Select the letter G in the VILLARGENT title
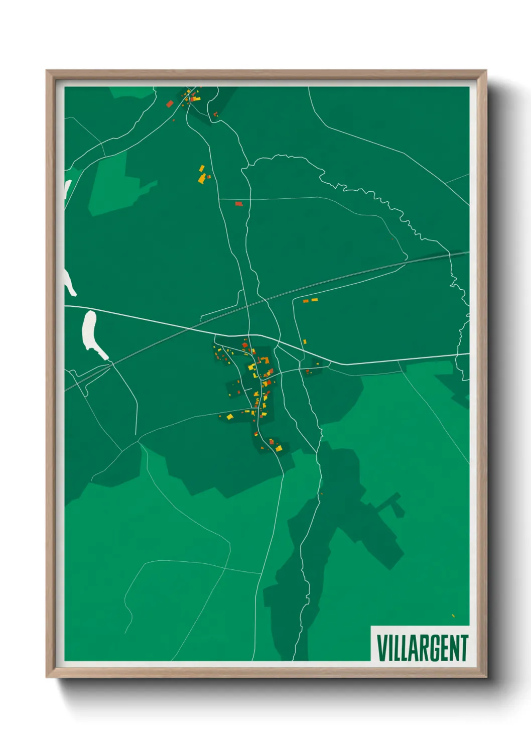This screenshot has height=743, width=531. (x=429, y=648)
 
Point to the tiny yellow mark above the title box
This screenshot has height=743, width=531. (x=453, y=615)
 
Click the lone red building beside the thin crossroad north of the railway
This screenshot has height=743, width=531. (x=239, y=203)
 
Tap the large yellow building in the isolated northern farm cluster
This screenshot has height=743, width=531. (x=202, y=178)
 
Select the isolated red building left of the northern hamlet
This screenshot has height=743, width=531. (x=170, y=104)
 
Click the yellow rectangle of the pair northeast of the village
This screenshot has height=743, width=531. (x=315, y=300)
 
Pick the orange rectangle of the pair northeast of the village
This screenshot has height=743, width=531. (x=306, y=301)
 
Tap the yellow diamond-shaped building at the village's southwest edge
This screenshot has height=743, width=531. (x=230, y=416)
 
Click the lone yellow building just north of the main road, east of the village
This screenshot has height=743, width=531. (x=305, y=342)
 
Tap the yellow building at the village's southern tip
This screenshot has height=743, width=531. (x=279, y=447)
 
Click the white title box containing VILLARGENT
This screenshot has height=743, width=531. (x=420, y=644)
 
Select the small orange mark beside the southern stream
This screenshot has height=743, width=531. (x=321, y=494)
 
